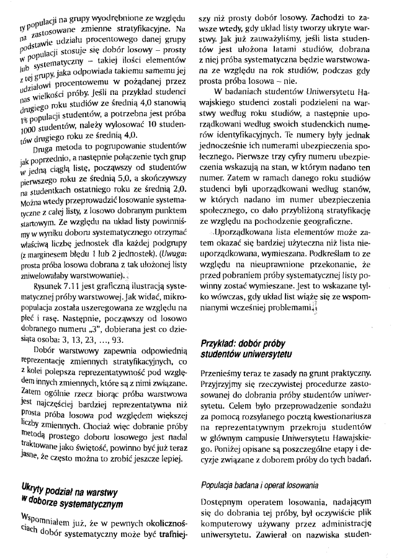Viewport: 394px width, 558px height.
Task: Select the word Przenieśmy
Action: point(223,374)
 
